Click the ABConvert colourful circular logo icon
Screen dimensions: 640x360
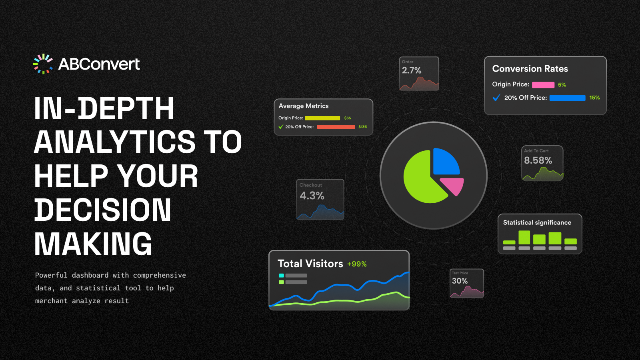pyautogui.click(x=43, y=64)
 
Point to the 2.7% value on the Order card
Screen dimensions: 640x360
pyautogui.click(x=412, y=70)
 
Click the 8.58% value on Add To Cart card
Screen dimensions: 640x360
pyautogui.click(x=538, y=160)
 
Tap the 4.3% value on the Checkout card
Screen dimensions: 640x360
pyautogui.click(x=312, y=196)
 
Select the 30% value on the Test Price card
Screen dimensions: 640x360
pyautogui.click(x=460, y=281)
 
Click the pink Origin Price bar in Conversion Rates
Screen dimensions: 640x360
pyautogui.click(x=543, y=85)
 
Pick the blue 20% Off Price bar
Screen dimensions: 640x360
pyautogui.click(x=568, y=98)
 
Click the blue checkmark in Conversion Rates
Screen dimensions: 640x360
pyautogui.click(x=496, y=98)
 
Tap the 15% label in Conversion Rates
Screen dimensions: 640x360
pyautogui.click(x=594, y=98)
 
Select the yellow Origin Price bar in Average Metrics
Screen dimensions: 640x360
pyautogui.click(x=322, y=118)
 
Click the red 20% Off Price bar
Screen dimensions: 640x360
pyautogui.click(x=336, y=127)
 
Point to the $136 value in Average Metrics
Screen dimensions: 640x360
pyautogui.click(x=362, y=126)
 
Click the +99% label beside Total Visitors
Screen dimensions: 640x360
pyautogui.click(x=357, y=264)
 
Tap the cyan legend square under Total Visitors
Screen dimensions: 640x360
pyautogui.click(x=281, y=276)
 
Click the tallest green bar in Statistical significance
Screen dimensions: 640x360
pyautogui.click(x=524, y=238)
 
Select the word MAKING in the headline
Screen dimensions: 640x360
pyautogui.click(x=93, y=244)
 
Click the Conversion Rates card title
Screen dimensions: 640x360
pyautogui.click(x=530, y=68)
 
